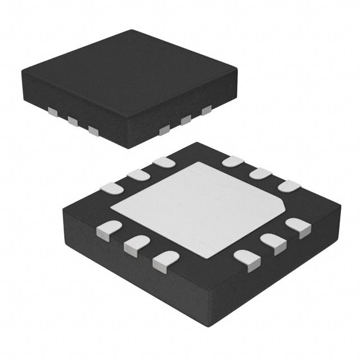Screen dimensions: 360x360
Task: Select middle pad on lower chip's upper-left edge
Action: [138, 175]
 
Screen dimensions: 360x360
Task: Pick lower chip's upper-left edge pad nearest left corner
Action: [111, 188]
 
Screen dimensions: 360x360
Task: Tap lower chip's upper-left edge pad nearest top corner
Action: [164, 162]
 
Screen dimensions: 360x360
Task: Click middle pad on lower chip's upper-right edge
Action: [260, 173]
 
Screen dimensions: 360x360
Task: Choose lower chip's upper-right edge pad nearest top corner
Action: [232, 161]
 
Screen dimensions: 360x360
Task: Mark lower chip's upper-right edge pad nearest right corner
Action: [289, 186]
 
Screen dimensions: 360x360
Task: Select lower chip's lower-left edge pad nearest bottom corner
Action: [165, 260]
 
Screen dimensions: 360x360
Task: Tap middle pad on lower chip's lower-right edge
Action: [274, 242]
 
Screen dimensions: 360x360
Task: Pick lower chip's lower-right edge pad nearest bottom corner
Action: [247, 259]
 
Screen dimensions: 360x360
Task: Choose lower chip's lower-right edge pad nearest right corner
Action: [298, 227]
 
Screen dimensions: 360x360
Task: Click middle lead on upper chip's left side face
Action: [73, 120]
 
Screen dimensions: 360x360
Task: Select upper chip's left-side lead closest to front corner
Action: [93, 130]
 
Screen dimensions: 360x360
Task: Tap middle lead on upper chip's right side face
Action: [186, 119]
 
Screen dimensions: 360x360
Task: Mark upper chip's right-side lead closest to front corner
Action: [164, 130]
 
